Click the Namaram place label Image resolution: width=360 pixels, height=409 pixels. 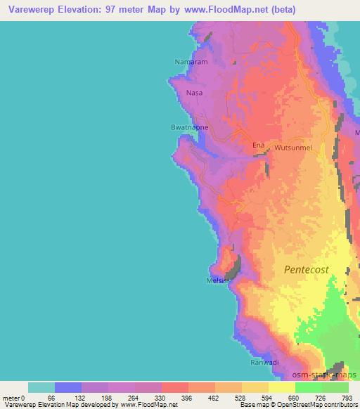[x=188, y=62]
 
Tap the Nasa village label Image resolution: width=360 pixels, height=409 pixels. [x=194, y=92]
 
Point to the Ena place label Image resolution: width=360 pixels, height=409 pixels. [x=259, y=145]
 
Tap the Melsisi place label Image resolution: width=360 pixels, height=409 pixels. [x=219, y=280]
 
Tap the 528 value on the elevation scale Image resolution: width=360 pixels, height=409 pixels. [x=241, y=397]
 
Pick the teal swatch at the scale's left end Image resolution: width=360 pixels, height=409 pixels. [x=41, y=387]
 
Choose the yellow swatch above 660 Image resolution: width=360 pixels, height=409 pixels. [x=281, y=387]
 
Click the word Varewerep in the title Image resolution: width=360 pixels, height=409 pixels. [x=31, y=10]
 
